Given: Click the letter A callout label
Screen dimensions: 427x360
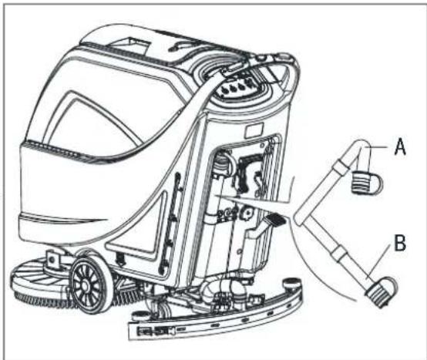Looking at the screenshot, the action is (400, 146).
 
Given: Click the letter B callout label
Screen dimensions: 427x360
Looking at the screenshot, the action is (400, 243).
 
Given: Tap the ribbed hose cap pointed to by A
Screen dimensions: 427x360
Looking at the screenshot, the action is (366, 182).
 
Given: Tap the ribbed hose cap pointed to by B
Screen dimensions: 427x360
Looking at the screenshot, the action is (382, 292).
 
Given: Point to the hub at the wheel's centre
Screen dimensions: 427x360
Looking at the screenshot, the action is (85, 286).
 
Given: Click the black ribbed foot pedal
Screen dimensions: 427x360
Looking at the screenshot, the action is (275, 220).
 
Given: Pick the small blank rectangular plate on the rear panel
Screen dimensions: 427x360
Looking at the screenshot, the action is (254, 130).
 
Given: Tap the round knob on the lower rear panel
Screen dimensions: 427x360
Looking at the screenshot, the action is (247, 213).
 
